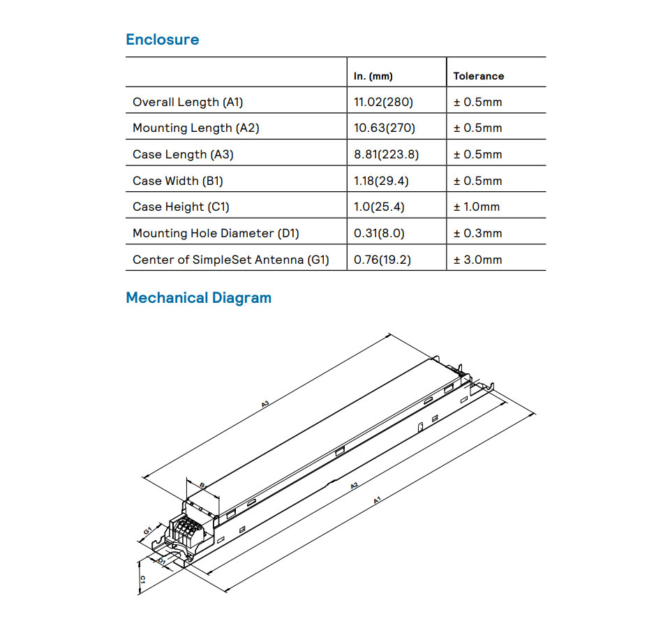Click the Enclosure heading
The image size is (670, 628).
(162, 40)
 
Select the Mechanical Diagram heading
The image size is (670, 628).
(198, 298)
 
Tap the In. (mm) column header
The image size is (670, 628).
(373, 76)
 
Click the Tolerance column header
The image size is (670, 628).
(479, 76)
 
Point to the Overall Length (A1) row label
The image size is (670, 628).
(188, 102)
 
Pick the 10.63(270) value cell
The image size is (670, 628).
(385, 128)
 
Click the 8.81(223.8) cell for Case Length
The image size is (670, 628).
(387, 154)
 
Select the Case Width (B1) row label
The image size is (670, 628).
(178, 181)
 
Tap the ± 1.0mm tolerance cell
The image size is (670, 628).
(477, 207)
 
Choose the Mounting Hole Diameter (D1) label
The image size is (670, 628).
(216, 233)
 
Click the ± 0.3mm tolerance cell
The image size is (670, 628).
(477, 233)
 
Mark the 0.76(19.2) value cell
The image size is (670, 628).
(382, 260)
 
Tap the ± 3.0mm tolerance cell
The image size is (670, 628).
(477, 260)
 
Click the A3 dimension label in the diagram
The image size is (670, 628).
(265, 403)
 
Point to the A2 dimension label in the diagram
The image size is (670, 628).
(354, 486)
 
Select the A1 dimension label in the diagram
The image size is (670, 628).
(377, 500)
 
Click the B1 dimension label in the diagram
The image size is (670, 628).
(202, 485)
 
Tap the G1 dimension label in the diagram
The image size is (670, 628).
(147, 530)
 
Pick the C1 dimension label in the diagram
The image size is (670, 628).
(142, 580)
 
